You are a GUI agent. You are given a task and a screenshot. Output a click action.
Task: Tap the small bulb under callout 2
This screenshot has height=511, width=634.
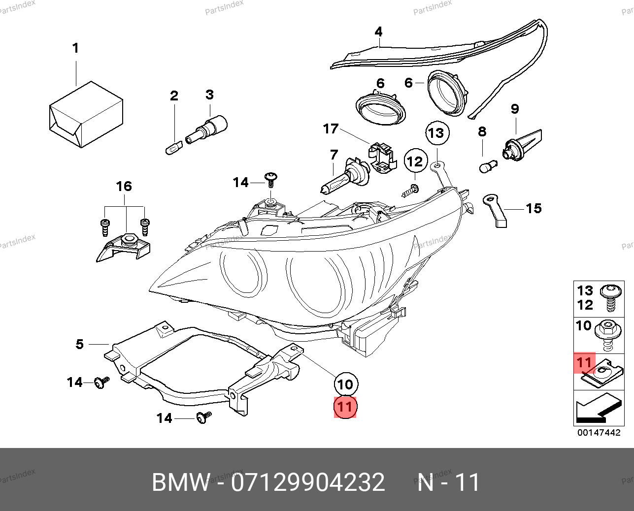tap(173, 147)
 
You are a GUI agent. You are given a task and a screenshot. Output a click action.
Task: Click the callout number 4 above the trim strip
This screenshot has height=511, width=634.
tap(378, 32)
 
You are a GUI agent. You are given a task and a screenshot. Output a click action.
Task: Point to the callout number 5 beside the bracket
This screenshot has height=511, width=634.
tap(80, 344)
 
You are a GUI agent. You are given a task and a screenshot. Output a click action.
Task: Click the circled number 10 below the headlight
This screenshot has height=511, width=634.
tap(345, 384)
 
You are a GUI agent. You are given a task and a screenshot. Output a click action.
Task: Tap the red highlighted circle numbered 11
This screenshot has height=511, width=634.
tap(345, 407)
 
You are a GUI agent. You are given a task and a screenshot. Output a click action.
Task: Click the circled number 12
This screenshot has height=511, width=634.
tap(415, 161)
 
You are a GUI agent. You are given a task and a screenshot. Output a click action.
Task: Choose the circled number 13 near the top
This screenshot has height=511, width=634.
tap(436, 133)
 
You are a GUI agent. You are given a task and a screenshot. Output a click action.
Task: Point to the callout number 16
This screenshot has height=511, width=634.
tap(124, 186)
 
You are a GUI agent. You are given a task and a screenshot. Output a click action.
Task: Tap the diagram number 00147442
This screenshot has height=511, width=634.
tap(599, 433)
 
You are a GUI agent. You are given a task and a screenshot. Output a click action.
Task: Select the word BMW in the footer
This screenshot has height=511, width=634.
tap(180, 482)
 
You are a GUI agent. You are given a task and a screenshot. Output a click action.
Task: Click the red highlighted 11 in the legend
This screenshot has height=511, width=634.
tap(585, 363)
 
